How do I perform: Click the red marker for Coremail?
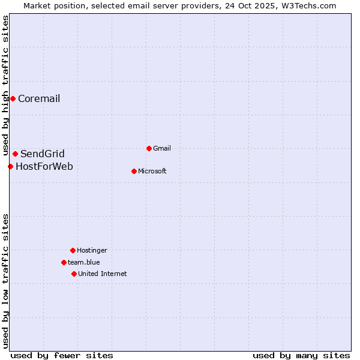click(13, 98)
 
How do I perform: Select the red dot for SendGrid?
click(15, 154)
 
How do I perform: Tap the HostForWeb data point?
click(10, 166)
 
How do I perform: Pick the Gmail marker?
click(149, 148)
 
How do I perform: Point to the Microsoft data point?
click(134, 171)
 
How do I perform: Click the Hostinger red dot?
click(73, 250)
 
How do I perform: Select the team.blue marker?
click(64, 262)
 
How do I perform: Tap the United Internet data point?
click(74, 274)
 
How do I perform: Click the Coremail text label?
click(39, 99)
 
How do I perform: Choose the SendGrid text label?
click(43, 154)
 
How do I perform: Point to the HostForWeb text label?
click(44, 167)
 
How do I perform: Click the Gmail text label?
click(162, 149)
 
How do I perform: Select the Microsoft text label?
click(152, 172)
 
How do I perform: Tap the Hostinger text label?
click(92, 251)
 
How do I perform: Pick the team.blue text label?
click(84, 263)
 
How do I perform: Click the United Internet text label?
click(103, 274)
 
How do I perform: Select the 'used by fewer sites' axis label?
click(62, 355)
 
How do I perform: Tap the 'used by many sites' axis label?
click(301, 355)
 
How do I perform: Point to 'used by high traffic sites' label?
click(5, 86)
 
